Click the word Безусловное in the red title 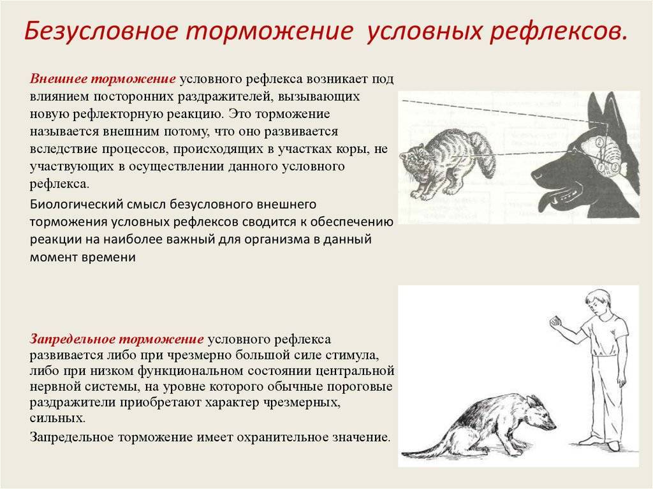point(101,32)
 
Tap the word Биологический point(77,205)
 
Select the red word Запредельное point(72,339)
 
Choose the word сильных point(57,418)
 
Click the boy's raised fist point(555,321)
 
